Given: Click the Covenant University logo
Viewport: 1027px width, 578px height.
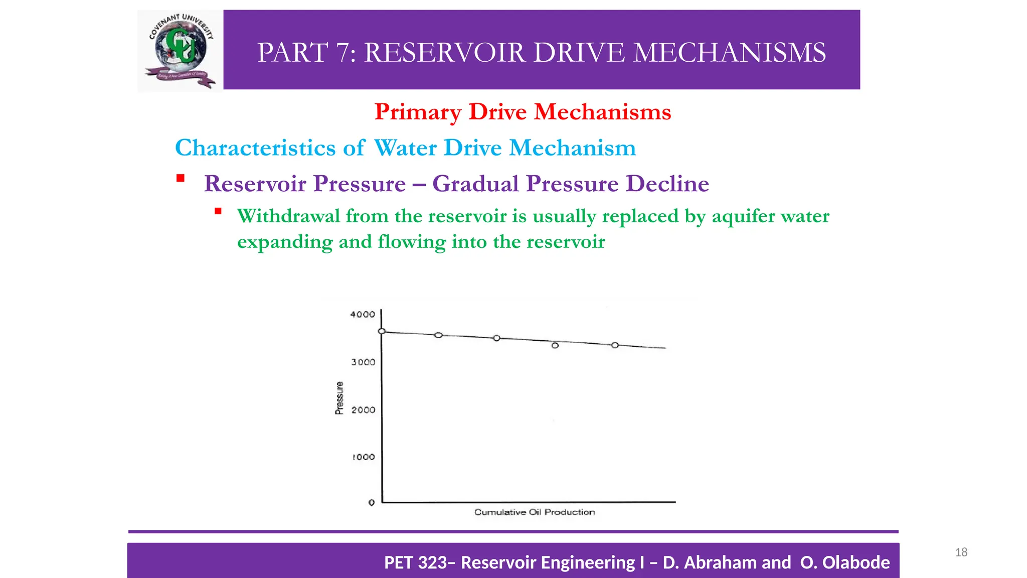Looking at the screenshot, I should point(181,51).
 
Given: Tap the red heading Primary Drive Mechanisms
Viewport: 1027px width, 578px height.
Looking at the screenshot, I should point(523,111).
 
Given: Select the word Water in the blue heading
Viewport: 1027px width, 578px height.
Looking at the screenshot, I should point(405,148).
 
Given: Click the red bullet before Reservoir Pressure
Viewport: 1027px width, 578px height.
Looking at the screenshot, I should point(181,179).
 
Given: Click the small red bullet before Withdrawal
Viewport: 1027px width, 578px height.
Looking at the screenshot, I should point(218,211).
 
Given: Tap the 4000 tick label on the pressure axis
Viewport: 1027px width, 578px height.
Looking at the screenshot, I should point(363,315).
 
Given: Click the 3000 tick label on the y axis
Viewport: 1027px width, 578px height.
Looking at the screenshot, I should point(363,362).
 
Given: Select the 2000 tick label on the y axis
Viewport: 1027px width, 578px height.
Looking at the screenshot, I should point(363,410).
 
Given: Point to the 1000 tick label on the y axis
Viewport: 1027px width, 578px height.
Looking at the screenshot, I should point(364,457).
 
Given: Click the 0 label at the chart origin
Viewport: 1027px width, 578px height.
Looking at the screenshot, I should point(372,502).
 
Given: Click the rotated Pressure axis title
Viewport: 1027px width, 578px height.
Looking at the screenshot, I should point(339,398).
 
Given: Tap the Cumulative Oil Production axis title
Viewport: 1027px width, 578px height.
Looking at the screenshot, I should point(535,512).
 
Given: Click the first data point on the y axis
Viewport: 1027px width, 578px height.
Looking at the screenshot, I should point(382,331).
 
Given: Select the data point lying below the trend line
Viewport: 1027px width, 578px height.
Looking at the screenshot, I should point(555,346).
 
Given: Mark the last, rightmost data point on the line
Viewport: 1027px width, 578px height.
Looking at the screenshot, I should point(615,345).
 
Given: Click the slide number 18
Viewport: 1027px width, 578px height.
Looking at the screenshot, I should point(961,552).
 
